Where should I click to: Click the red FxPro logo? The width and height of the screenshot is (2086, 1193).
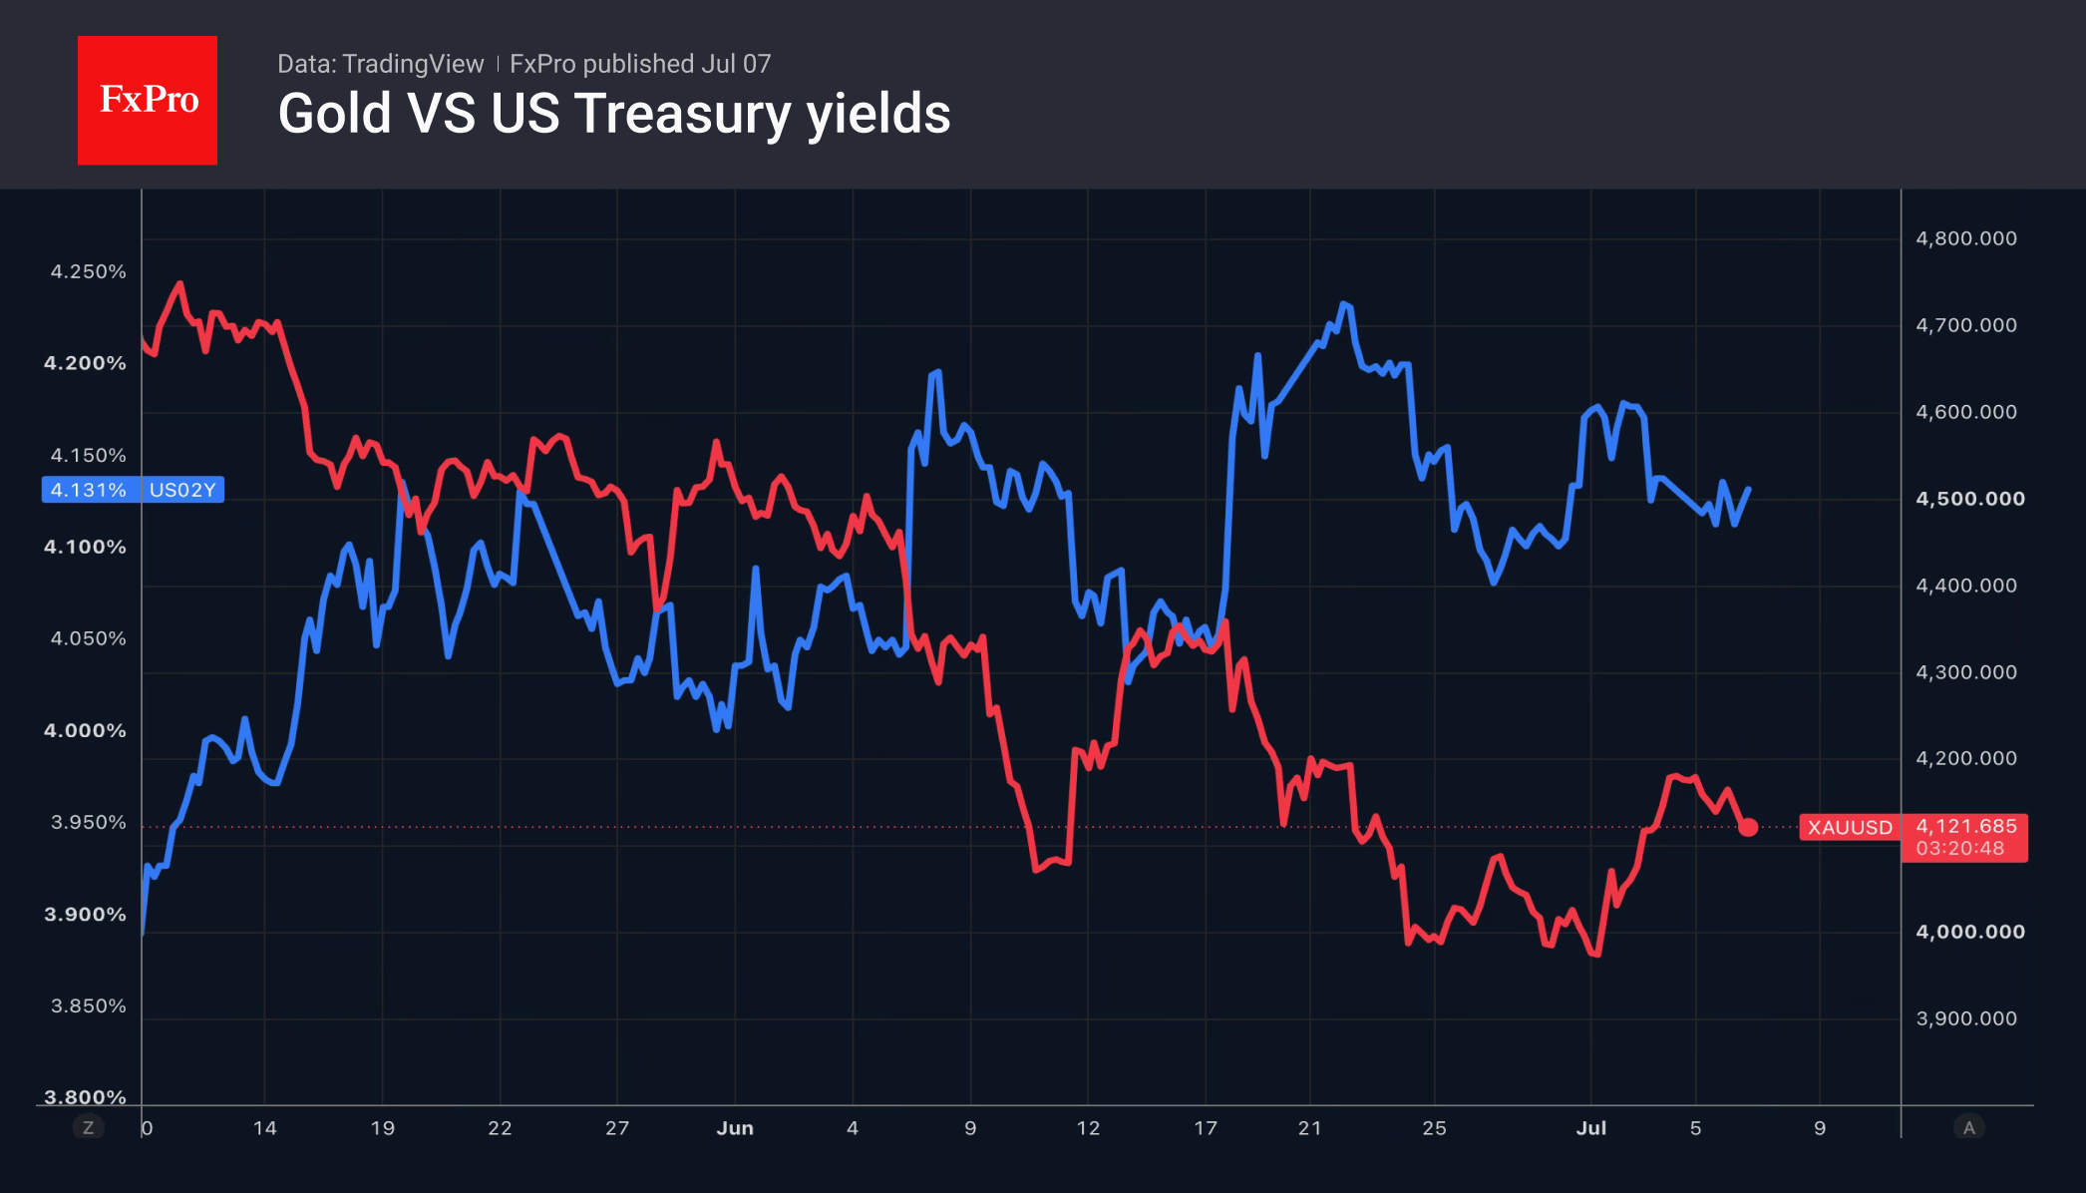click(148, 100)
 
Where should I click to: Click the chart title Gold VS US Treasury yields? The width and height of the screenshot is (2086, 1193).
click(614, 114)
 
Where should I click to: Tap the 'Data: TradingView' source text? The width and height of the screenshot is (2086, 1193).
click(380, 64)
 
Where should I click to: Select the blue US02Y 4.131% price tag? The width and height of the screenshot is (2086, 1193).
click(133, 490)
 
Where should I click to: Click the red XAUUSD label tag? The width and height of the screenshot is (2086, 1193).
click(1850, 827)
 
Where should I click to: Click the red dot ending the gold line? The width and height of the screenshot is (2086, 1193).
click(1748, 827)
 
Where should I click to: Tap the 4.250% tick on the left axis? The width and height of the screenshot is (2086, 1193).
click(89, 271)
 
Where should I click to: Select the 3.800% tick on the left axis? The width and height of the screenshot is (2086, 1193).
click(85, 1097)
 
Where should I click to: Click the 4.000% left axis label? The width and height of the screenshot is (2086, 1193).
click(85, 730)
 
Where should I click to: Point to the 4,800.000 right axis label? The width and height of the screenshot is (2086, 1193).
click(1966, 238)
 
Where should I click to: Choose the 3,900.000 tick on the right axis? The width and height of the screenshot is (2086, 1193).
click(1966, 1018)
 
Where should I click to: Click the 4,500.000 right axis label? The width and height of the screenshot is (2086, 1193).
click(1970, 499)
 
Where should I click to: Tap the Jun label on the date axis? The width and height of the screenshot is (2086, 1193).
click(735, 1128)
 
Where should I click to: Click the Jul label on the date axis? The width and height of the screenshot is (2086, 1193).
click(1591, 1128)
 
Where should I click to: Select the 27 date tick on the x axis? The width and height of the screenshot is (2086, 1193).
click(617, 1128)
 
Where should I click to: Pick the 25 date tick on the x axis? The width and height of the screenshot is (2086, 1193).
click(1434, 1128)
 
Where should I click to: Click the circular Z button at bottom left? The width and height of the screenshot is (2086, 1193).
click(88, 1128)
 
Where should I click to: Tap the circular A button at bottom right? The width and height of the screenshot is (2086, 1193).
click(1968, 1128)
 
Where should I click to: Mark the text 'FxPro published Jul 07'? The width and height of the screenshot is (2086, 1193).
click(640, 64)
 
